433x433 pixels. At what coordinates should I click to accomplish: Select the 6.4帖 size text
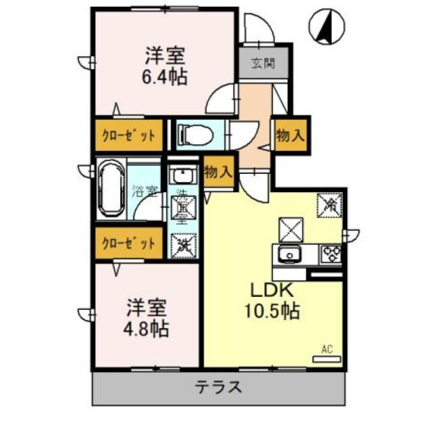[x=164, y=77]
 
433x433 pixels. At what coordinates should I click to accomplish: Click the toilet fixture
[x=194, y=134]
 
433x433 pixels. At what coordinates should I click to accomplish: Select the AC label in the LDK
[x=327, y=350]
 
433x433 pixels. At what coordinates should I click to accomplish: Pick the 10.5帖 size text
[x=273, y=313]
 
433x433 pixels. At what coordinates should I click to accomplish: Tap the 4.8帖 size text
[x=146, y=330]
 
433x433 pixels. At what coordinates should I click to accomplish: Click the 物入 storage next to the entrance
[x=289, y=135]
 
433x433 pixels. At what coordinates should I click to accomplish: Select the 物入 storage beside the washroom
[x=218, y=171]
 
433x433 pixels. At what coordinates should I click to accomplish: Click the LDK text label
[x=272, y=290]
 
